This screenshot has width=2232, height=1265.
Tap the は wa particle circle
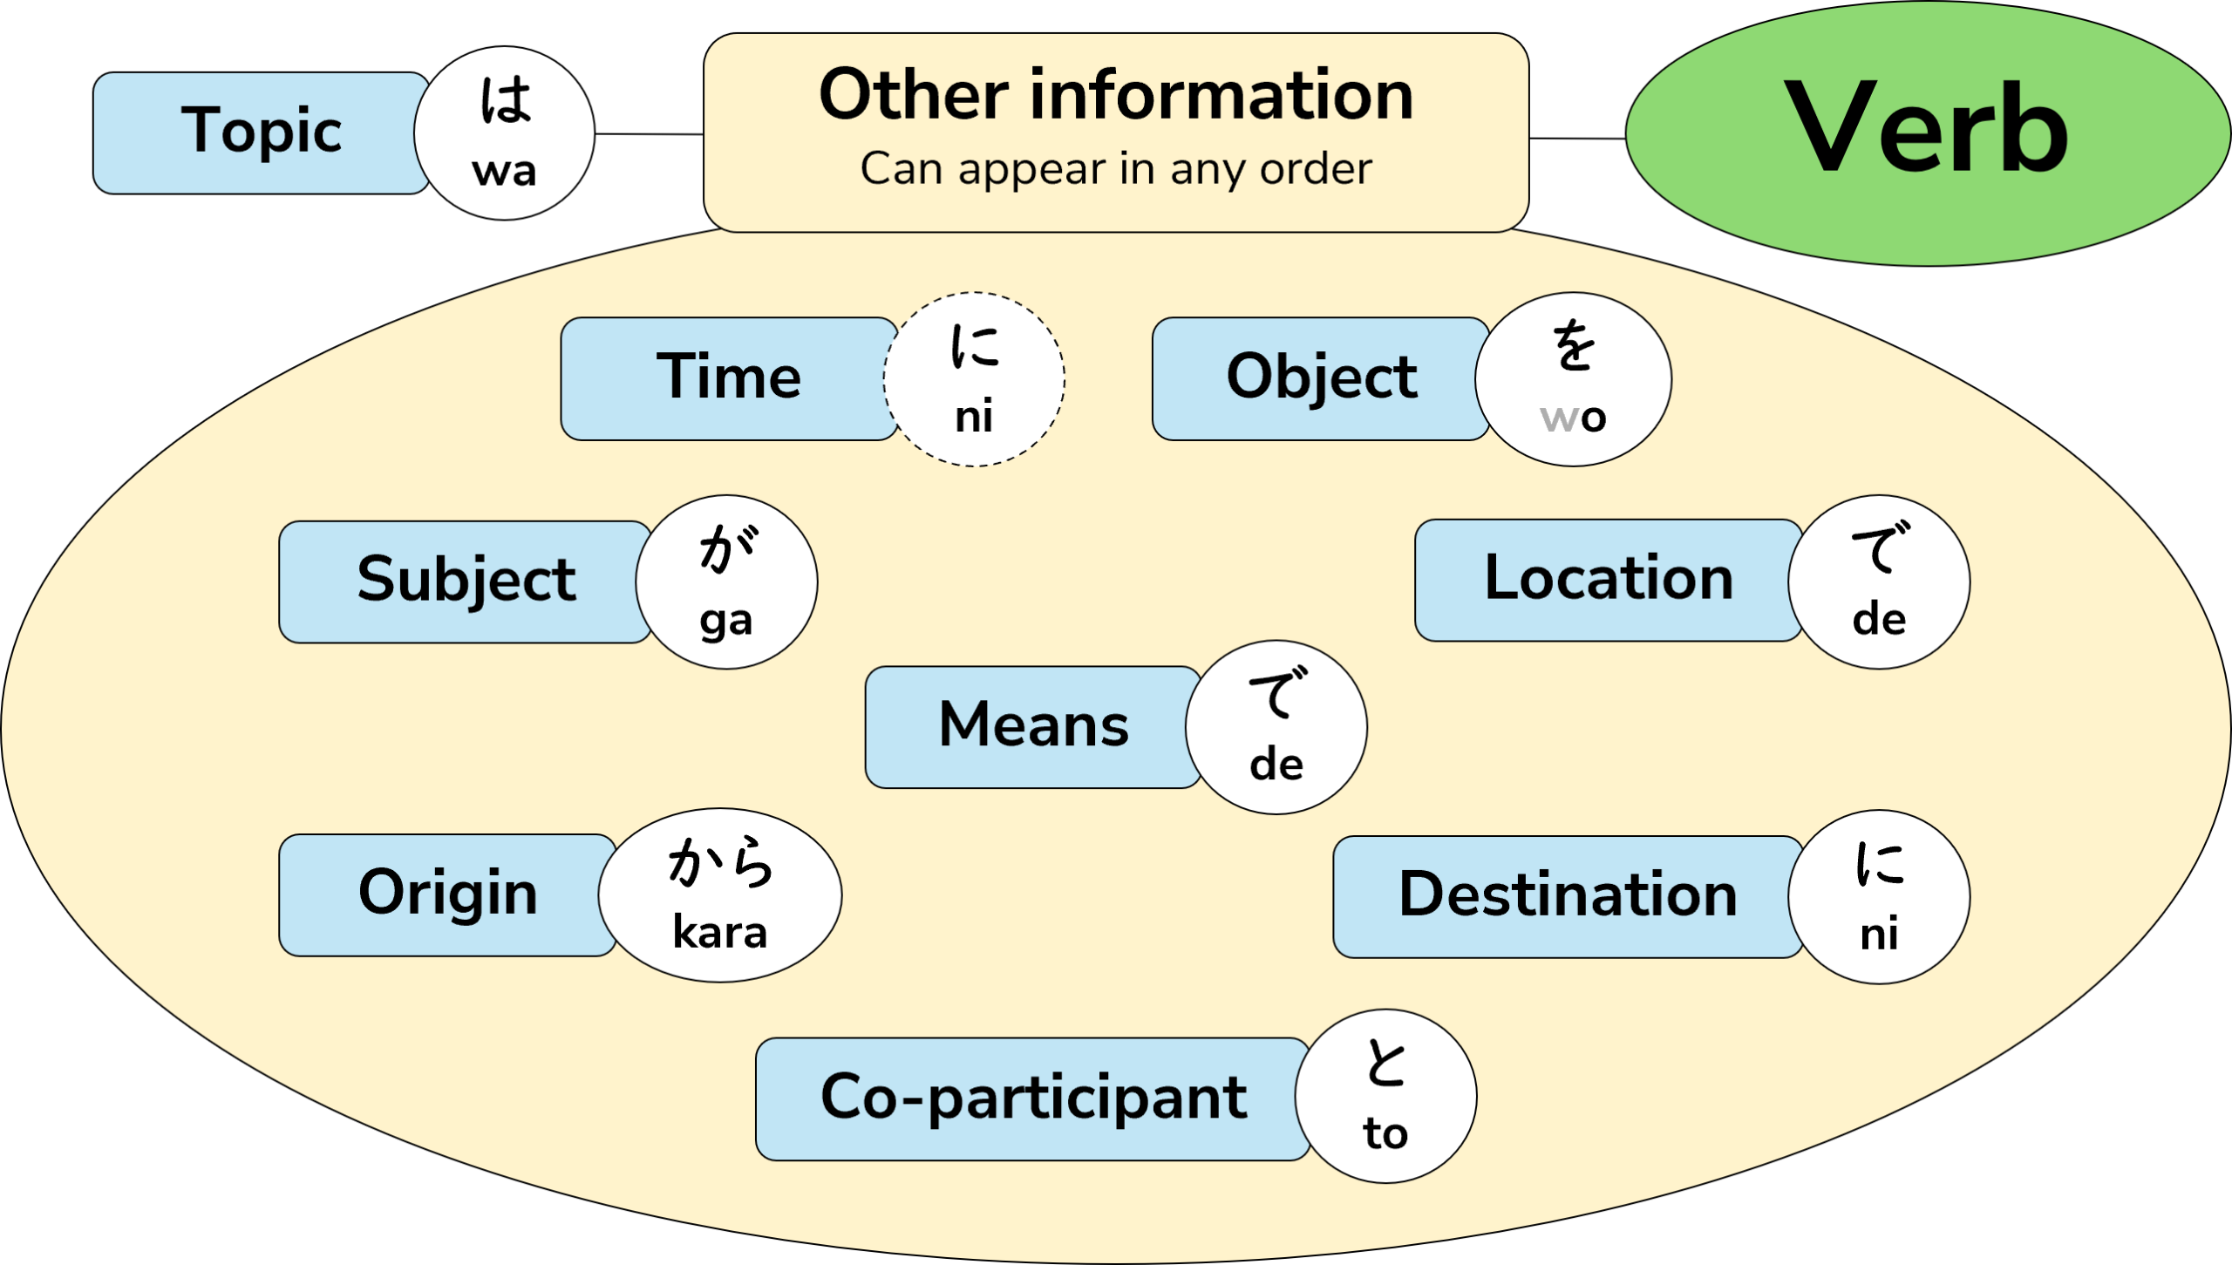click(504, 133)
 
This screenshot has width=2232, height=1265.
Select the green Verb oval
click(1927, 133)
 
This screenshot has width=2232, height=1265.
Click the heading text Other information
click(1115, 95)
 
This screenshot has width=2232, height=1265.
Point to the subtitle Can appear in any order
click(1115, 168)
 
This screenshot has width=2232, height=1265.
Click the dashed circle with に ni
click(974, 379)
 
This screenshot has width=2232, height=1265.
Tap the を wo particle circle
click(1573, 379)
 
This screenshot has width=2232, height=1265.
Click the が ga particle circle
click(726, 582)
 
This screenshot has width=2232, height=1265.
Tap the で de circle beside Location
click(1879, 582)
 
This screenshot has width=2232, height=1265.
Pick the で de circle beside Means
click(1276, 728)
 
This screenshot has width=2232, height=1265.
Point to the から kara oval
click(720, 895)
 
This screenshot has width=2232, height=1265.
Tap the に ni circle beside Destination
click(1879, 897)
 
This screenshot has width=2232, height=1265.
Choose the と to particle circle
click(1385, 1096)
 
